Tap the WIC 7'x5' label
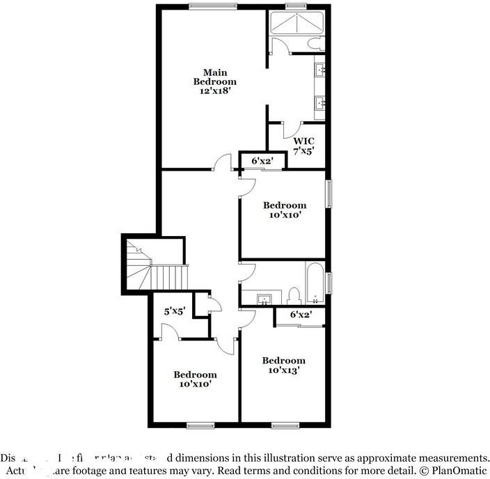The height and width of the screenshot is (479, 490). [304, 146]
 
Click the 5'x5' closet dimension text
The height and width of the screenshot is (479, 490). [174, 312]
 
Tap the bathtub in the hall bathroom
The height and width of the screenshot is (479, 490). [315, 283]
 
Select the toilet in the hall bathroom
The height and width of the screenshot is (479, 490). [294, 295]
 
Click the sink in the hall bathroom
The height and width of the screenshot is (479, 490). [264, 299]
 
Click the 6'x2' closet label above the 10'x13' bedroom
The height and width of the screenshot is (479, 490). [301, 315]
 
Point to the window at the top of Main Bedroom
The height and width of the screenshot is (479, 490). [211, 7]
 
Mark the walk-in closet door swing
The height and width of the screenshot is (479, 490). [291, 129]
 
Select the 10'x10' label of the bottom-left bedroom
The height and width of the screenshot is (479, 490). [195, 383]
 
